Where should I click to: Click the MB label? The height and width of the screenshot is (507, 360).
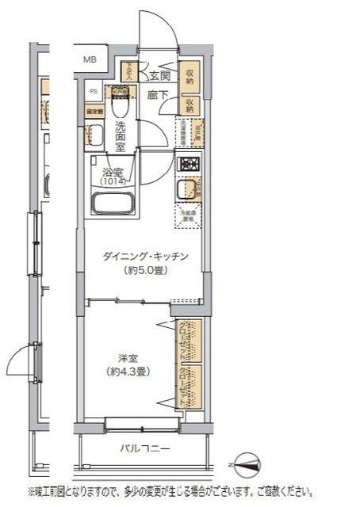[x=90, y=59]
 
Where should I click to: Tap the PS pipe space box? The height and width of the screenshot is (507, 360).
[x=93, y=90]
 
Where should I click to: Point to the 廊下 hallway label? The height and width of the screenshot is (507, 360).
[x=157, y=95]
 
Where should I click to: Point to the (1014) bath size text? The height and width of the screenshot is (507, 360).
[x=111, y=181]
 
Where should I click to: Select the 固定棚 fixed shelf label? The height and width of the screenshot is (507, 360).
[x=94, y=111]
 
